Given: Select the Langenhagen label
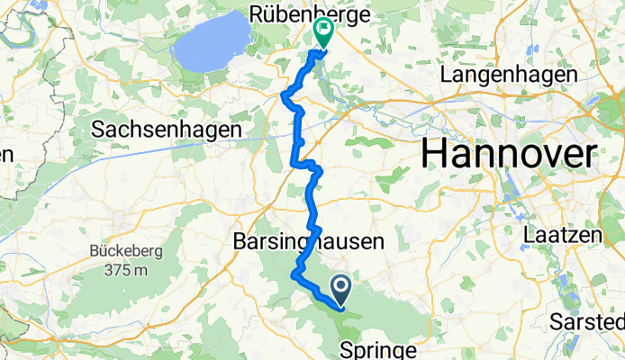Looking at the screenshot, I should [509, 76].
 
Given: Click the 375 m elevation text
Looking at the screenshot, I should [126, 268].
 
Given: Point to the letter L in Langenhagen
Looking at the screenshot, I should [447, 76].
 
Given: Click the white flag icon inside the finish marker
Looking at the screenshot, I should [322, 27].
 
